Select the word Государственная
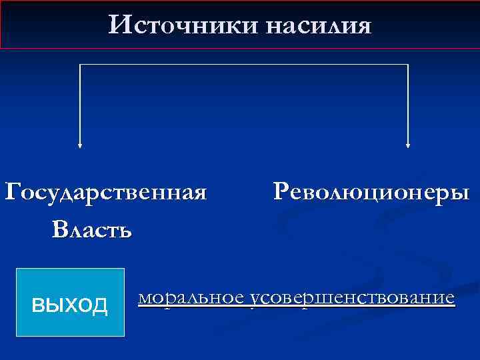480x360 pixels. (106, 193)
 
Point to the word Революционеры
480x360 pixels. (371, 193)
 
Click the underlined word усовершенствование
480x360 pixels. (350, 297)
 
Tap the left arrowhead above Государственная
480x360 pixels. (81, 144)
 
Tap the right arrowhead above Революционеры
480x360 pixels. (407, 144)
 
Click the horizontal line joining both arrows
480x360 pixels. (244, 65)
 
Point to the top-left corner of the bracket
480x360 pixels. (81, 65)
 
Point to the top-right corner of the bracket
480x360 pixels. (407, 65)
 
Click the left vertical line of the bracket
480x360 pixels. (81, 103)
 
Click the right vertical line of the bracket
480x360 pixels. (407, 103)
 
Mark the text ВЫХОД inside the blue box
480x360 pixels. (70, 305)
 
